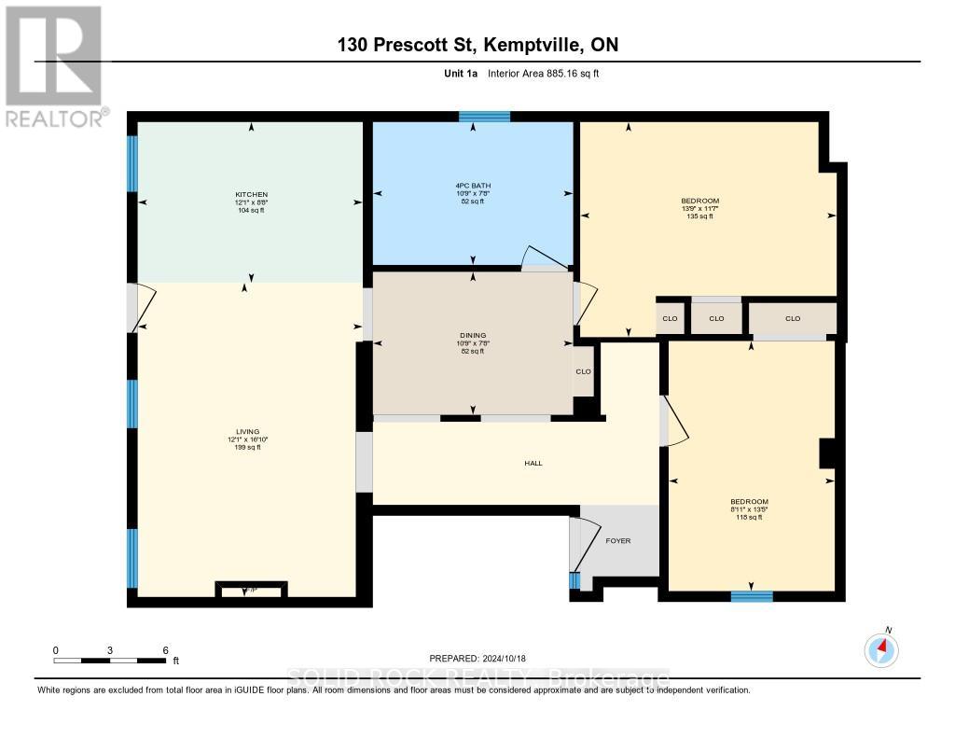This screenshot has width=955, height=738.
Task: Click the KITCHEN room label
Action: (251, 194)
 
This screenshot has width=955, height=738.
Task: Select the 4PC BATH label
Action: (473, 186)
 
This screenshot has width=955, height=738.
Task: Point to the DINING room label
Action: (473, 335)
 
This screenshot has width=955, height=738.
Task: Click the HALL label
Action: (533, 463)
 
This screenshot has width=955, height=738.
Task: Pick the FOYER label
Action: (618, 540)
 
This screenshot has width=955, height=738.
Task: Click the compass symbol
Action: (881, 648)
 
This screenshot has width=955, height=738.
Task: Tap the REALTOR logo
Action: (54, 66)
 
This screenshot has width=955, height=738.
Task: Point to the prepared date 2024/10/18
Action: (483, 658)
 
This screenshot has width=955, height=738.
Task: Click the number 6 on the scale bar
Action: (165, 649)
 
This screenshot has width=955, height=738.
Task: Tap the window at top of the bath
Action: (484, 117)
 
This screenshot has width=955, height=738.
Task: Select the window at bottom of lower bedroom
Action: (752, 596)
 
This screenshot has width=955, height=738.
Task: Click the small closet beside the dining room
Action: (584, 370)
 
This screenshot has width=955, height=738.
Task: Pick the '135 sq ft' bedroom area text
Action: (699, 216)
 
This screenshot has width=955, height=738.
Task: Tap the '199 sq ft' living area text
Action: (247, 448)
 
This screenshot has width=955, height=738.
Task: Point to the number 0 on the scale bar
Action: (55, 649)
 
